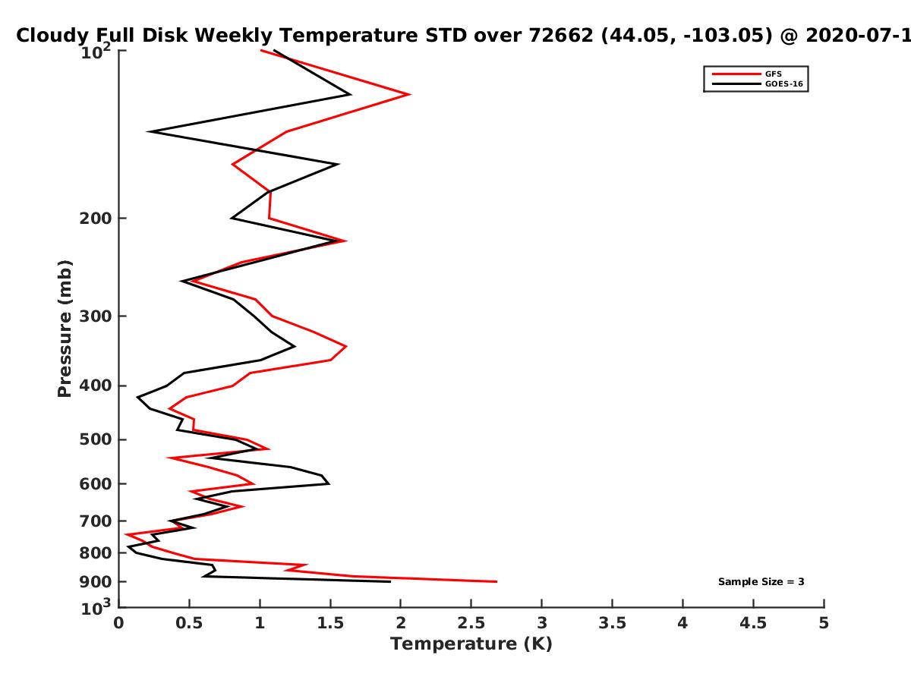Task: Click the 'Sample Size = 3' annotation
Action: (x=761, y=582)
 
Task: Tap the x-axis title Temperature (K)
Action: (x=471, y=644)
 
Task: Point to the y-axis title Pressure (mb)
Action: (x=65, y=329)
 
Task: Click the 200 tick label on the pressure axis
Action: (x=96, y=218)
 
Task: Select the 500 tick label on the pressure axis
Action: (x=96, y=439)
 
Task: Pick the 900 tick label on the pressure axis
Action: (x=96, y=582)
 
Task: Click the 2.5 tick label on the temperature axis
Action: (x=471, y=623)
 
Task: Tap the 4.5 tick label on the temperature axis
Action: (x=753, y=623)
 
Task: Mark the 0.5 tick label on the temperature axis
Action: (x=189, y=623)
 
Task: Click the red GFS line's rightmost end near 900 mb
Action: (x=496, y=581)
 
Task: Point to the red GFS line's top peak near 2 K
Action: (x=410, y=94)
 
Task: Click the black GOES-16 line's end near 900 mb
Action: (x=390, y=581)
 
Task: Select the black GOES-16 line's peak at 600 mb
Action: (x=329, y=483)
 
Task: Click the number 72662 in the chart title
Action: (x=561, y=36)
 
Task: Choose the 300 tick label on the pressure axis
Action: (x=96, y=316)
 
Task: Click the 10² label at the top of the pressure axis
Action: (x=96, y=52)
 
